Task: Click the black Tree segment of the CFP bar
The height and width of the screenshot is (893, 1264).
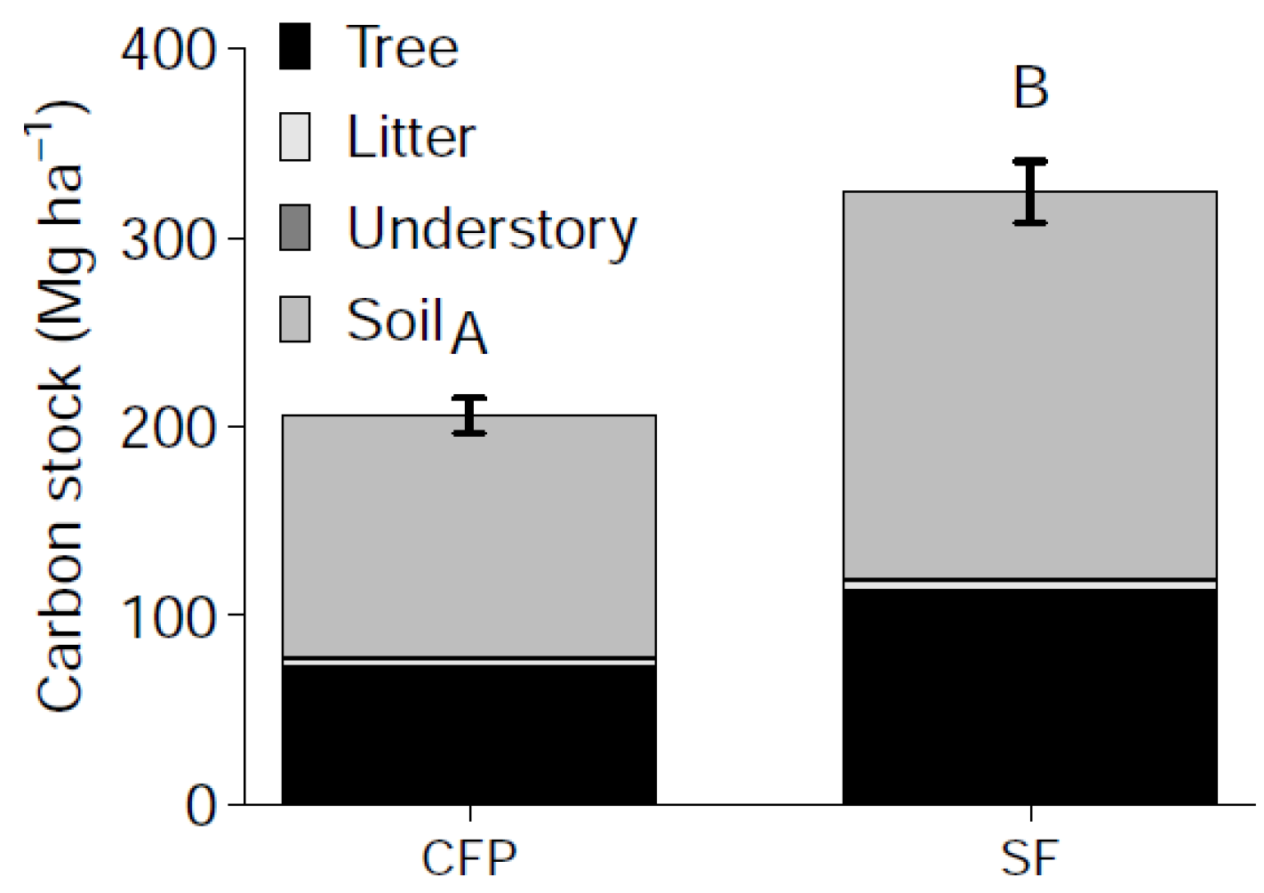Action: click(468, 734)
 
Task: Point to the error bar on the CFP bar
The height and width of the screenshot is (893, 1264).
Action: click(469, 415)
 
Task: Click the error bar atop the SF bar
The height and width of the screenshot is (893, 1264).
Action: click(1030, 191)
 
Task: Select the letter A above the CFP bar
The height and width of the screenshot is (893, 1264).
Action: click(468, 334)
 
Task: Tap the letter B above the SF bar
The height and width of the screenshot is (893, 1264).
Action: click(1030, 88)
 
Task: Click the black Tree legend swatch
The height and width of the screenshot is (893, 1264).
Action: click(295, 46)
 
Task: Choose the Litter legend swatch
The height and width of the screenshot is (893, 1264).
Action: click(295, 137)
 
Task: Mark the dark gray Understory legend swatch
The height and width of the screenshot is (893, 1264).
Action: click(295, 228)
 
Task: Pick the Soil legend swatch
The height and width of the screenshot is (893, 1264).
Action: click(295, 319)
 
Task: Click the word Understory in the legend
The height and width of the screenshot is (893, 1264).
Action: click(492, 229)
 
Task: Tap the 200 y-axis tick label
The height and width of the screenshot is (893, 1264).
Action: click(169, 428)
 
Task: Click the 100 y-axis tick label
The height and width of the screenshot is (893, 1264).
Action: click(169, 616)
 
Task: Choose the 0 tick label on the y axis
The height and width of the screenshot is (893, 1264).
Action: click(201, 805)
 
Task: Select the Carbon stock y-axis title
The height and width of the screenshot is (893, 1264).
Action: click(60, 409)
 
